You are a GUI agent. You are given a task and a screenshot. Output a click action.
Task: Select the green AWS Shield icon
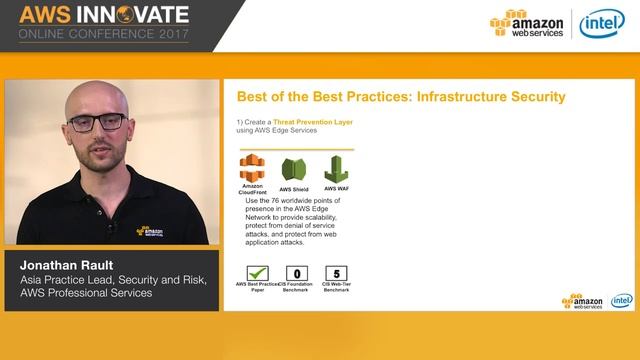tap(294, 169)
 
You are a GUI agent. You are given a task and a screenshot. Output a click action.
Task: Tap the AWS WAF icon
tap(336, 169)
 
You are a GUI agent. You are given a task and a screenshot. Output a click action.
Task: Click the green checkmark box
tap(258, 272)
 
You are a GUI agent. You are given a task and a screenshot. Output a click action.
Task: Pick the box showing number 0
tap(297, 272)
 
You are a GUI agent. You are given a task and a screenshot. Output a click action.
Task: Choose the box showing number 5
tap(337, 272)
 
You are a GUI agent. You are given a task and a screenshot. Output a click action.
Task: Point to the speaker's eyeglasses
tap(98, 122)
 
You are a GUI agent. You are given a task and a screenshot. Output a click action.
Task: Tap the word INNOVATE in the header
tap(132, 15)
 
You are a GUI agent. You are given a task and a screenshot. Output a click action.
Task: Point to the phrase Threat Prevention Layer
tap(313, 122)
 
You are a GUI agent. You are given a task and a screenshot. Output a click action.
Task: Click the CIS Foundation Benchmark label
tap(297, 287)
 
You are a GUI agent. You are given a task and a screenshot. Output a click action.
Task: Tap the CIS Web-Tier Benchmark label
tap(337, 287)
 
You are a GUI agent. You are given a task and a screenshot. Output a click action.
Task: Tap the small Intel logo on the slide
tap(622, 300)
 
